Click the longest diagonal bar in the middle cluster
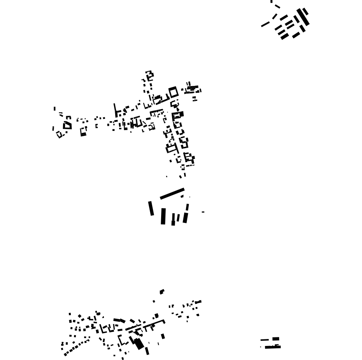[x=172, y=194]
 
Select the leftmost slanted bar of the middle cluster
[x=151, y=208]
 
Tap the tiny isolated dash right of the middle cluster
[x=203, y=212]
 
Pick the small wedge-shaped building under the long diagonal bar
[x=182, y=196]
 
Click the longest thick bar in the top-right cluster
[x=303, y=18]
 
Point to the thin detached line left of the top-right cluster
[x=265, y=24]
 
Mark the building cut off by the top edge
[x=271, y=1]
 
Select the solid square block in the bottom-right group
[x=276, y=339]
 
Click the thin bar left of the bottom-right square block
[x=265, y=340]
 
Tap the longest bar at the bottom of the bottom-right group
[x=272, y=347]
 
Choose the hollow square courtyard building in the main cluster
[x=173, y=92]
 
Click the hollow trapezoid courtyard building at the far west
[x=67, y=125]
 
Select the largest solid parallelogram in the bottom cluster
[x=139, y=344]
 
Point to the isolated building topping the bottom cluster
[x=162, y=291]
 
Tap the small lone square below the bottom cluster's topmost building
[x=154, y=301]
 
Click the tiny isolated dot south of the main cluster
[x=167, y=176]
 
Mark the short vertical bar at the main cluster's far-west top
[x=54, y=109]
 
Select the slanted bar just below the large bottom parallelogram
[x=147, y=351]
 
